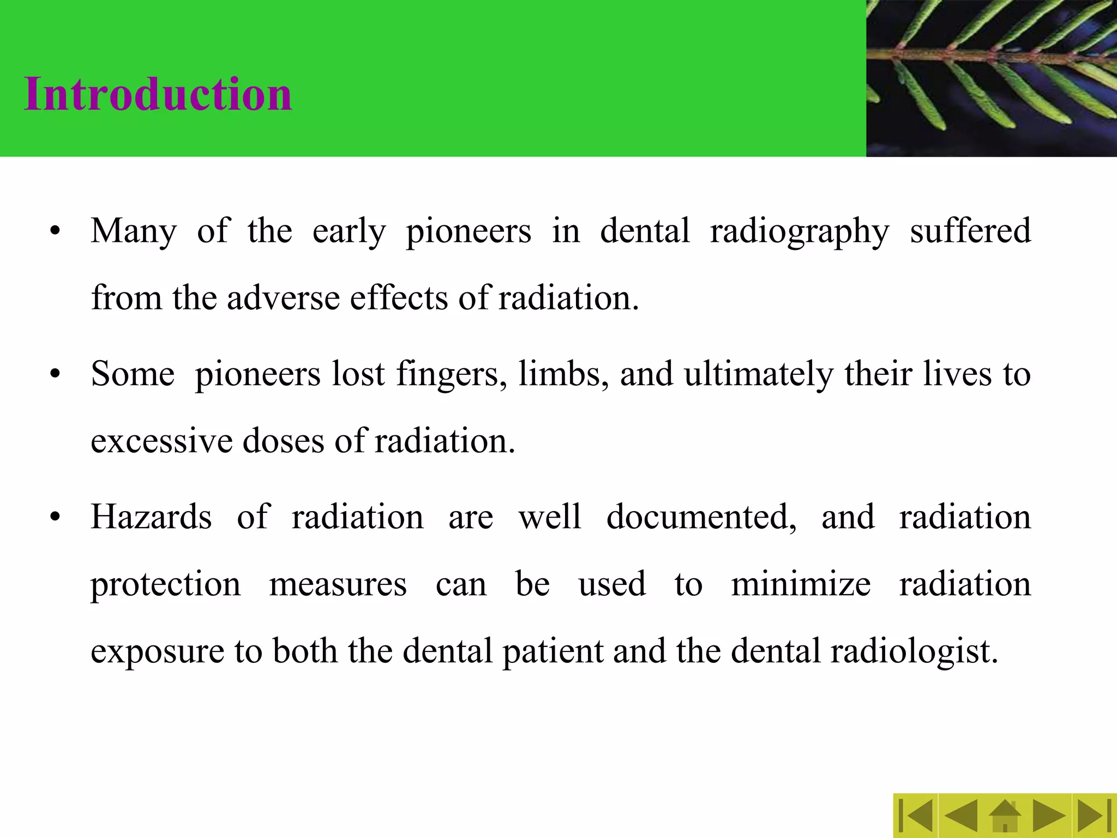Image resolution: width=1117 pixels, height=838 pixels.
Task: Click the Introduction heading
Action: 158,94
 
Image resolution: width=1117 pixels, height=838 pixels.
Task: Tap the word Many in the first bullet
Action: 134,231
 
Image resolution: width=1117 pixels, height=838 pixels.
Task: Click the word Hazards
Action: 151,517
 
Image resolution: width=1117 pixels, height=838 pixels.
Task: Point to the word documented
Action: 701,517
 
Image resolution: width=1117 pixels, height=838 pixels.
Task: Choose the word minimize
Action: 801,584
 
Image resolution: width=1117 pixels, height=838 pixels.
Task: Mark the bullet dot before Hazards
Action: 55,518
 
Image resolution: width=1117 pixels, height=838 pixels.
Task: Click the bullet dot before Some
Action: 55,375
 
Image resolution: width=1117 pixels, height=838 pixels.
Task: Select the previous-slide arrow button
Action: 960,816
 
